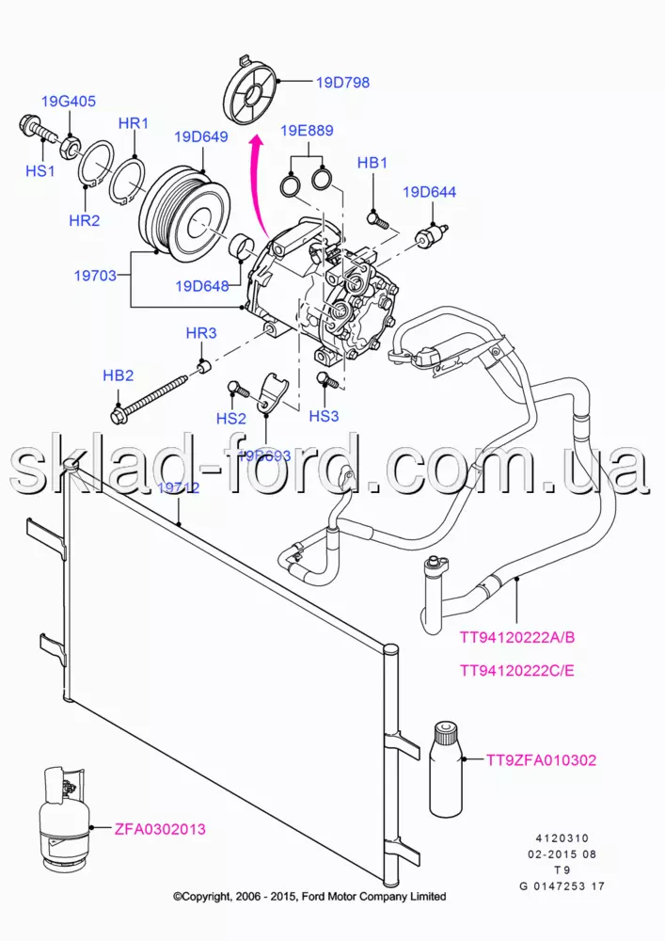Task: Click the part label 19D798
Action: tap(343, 83)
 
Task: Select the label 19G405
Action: tap(68, 101)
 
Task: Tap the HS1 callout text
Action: tap(40, 171)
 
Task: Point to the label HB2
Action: tap(119, 375)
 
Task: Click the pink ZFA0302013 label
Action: tap(160, 829)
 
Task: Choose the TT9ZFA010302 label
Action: tap(541, 759)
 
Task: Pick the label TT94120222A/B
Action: tap(516, 638)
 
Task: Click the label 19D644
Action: tap(430, 192)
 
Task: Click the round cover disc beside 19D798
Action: tap(250, 91)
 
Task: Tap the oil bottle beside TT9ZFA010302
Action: tap(447, 767)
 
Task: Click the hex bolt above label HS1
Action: tap(29, 125)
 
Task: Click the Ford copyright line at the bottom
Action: tap(309, 896)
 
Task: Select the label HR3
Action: tap(201, 333)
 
